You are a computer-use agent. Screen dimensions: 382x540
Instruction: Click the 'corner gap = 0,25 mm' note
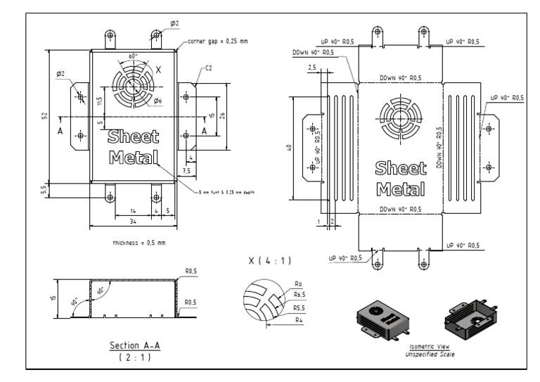point(219,42)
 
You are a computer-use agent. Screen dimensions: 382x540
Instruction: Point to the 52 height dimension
point(44,115)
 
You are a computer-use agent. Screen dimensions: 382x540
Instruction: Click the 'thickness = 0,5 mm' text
point(139,242)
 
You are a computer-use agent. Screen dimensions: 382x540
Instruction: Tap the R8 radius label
point(299,284)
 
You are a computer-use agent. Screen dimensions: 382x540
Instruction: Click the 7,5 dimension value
point(186,170)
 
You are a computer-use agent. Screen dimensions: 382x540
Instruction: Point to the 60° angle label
point(133,54)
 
